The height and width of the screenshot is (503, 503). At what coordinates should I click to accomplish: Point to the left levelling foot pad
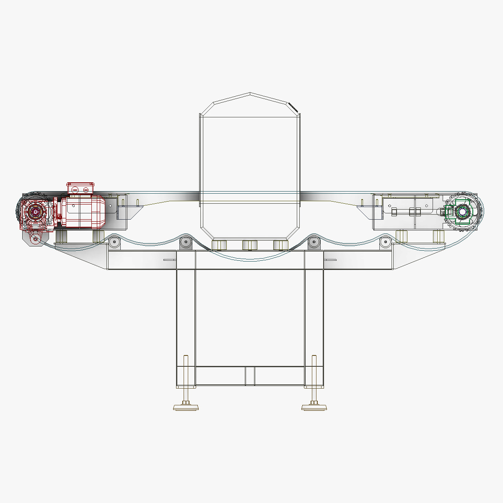click(x=186, y=407)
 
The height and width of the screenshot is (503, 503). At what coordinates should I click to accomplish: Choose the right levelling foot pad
click(x=314, y=407)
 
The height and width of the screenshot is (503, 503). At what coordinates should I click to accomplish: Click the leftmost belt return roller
click(x=114, y=242)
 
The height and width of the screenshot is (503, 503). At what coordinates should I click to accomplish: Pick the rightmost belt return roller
click(x=385, y=242)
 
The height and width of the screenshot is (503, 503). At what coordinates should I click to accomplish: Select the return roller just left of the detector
click(x=185, y=242)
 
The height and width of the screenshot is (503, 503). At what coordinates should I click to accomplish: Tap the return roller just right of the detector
click(x=313, y=242)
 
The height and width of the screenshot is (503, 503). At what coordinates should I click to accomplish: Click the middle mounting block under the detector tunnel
click(x=249, y=245)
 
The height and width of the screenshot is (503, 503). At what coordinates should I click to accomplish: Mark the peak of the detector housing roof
click(x=250, y=93)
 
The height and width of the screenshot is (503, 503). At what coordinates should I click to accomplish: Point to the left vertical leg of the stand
click(x=186, y=319)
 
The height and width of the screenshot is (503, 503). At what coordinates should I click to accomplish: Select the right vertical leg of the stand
click(x=314, y=319)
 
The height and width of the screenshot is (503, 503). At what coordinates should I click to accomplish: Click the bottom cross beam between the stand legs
click(x=250, y=376)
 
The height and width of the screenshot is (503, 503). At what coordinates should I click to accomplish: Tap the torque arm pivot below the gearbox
click(x=35, y=239)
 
